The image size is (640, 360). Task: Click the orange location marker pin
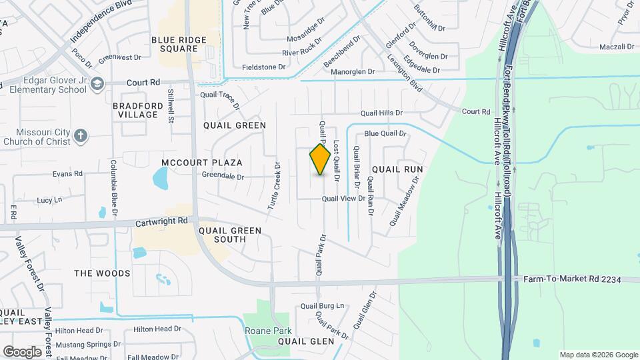pos(320,160)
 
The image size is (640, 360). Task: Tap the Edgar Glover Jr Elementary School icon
pos(98,83)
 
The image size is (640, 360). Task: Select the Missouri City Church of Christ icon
pos(81,136)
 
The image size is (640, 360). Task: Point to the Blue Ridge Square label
pos(179,45)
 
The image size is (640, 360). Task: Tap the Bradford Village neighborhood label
pos(138,110)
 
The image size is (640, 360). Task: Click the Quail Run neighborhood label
pos(397,169)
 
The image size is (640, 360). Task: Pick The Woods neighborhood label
pos(102,273)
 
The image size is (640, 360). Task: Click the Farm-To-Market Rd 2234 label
pos(571,279)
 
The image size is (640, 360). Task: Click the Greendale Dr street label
pos(225,177)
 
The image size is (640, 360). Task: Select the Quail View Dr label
pos(344,199)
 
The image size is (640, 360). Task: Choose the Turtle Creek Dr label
pos(273,186)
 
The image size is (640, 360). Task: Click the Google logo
pos(22,351)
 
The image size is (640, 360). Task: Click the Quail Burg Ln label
pos(322,306)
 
